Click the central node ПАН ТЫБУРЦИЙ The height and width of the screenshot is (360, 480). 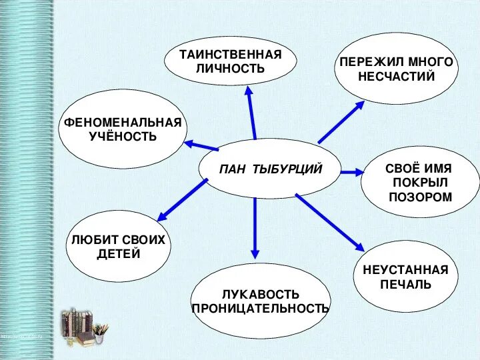[270, 169]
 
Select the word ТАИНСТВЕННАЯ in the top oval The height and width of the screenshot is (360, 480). [231, 55]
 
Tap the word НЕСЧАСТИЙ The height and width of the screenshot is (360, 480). [396, 76]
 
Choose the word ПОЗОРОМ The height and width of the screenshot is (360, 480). [420, 197]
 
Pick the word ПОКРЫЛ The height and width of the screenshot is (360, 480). [420, 183]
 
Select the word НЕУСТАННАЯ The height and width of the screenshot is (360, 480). [405, 270]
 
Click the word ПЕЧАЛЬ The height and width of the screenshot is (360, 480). [405, 285]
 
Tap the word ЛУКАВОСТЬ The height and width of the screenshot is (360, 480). [261, 294]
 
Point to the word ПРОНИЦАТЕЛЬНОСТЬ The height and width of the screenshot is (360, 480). [261, 308]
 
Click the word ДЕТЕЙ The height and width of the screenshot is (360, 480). [118, 254]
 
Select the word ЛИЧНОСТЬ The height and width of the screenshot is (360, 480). [231, 69]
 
